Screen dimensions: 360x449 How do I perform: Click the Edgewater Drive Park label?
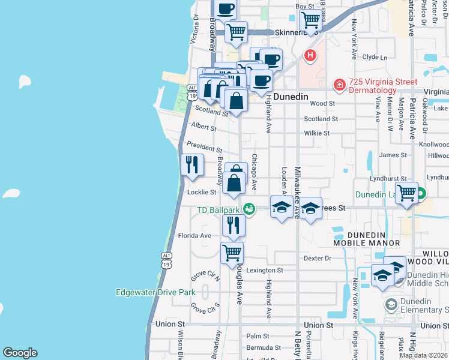pos(155,292)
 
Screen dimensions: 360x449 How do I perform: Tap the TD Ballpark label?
pos(219,210)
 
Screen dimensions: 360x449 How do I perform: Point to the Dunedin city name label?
pos(291,96)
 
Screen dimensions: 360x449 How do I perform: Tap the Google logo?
pos(20,353)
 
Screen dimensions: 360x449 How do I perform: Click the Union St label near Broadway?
pos(168,324)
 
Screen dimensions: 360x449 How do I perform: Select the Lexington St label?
pos(264,271)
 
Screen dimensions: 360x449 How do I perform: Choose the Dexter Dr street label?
pos(318,258)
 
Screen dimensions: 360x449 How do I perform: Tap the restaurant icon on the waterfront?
pos(192,164)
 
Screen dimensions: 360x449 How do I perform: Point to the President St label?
pos(204,146)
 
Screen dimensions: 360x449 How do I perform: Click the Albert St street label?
pos(203,127)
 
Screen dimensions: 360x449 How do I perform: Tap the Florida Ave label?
pos(197,236)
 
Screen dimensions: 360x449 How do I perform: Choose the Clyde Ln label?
pos(375,57)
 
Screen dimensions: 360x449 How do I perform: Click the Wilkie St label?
pos(317,133)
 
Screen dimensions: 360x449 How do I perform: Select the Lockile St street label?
pos(201,192)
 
